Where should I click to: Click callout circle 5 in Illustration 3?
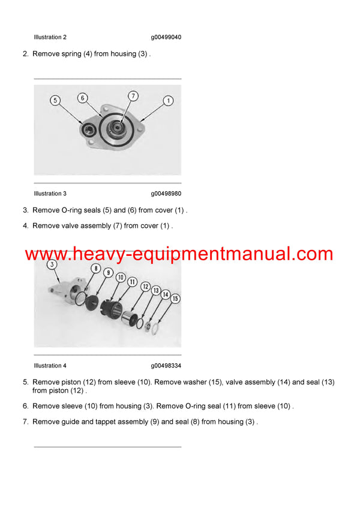click(56, 101)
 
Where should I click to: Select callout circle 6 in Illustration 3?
click(83, 98)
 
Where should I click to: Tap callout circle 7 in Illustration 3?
click(133, 96)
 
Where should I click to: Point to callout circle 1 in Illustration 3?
click(169, 101)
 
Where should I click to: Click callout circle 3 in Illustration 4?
click(52, 265)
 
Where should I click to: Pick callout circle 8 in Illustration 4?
click(95, 269)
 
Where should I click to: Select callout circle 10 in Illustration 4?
click(120, 278)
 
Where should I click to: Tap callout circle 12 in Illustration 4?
click(146, 287)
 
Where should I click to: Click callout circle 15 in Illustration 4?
click(175, 298)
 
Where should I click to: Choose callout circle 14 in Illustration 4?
click(166, 294)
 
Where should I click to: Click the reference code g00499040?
click(166, 37)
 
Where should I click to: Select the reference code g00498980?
click(166, 194)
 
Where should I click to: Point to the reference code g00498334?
click(166, 366)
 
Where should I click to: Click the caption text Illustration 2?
click(50, 37)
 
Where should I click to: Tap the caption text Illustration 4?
click(50, 366)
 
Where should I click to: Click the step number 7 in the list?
click(26, 422)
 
